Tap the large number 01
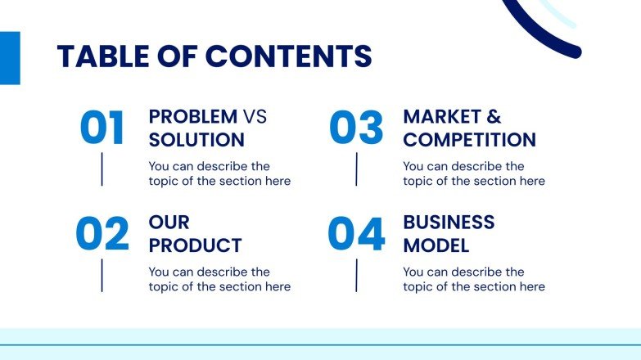pyautogui.click(x=102, y=128)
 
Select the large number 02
pyautogui.click(x=102, y=234)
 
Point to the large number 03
pyautogui.click(x=356, y=128)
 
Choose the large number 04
pyautogui.click(x=356, y=234)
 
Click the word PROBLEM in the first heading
pyautogui.click(x=193, y=117)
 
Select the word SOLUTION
pyautogui.click(x=196, y=140)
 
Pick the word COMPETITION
pyautogui.click(x=469, y=140)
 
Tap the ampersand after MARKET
pyautogui.click(x=494, y=117)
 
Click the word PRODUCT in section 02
pyautogui.click(x=195, y=245)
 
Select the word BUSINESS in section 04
pyautogui.click(x=449, y=223)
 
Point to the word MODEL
pyautogui.click(x=436, y=245)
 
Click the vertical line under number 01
pyautogui.click(x=102, y=169)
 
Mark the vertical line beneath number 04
pyautogui.click(x=356, y=275)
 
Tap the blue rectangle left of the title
pyautogui.click(x=9, y=58)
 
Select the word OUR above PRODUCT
pyautogui.click(x=169, y=223)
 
